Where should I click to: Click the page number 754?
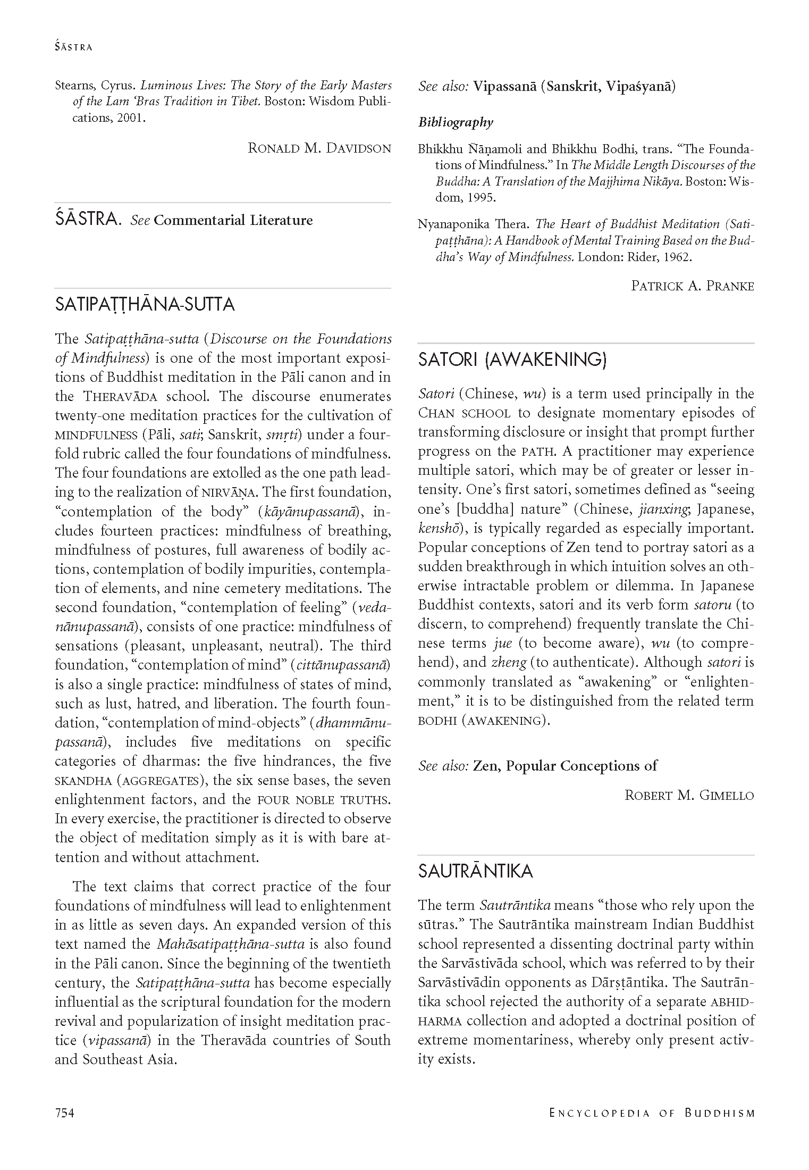click(x=64, y=1113)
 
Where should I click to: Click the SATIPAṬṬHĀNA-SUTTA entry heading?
click(x=145, y=305)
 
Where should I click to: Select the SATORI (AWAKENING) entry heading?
click(x=512, y=360)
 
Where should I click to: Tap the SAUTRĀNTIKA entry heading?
click(x=475, y=871)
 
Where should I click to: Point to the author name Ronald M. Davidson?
click(x=319, y=148)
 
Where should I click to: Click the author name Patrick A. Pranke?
click(x=692, y=286)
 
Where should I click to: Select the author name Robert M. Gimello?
click(x=689, y=796)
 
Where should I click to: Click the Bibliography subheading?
click(x=456, y=123)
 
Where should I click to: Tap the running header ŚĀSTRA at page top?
click(x=73, y=47)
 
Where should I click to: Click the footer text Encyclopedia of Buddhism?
click(x=652, y=1113)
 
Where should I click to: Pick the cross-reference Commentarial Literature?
click(x=233, y=220)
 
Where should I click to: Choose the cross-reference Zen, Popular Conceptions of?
click(x=565, y=766)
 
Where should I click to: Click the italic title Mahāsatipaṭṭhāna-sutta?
click(x=231, y=945)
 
